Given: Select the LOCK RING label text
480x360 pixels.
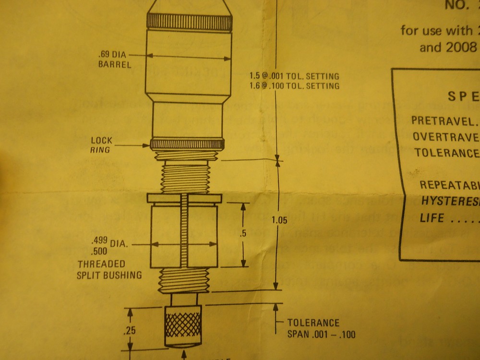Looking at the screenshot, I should coord(101,144).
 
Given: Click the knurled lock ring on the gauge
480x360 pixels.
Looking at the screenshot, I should coord(187,144).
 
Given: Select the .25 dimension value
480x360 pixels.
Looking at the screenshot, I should coord(128,331).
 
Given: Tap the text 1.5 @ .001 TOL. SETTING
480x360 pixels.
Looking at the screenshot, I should coord(294,76).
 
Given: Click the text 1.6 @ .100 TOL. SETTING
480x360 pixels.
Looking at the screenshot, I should coord(294,86).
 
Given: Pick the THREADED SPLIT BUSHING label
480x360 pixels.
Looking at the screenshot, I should coord(109,269).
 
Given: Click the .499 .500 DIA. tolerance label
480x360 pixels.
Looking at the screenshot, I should coord(108,243).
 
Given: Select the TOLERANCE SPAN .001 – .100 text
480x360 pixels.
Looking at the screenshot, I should coord(321,328).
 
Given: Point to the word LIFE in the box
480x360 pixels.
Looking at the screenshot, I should coord(432,217).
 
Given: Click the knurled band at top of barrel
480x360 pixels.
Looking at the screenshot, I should coord(190,22).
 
